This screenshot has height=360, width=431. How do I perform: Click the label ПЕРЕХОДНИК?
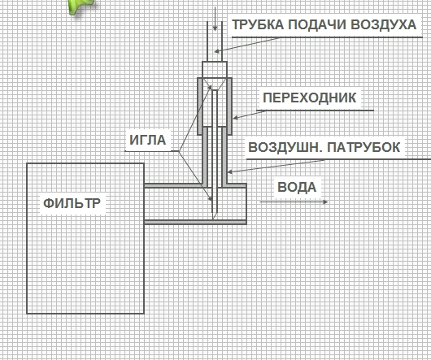(x=310, y=98)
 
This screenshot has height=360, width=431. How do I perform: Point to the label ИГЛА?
(x=148, y=140)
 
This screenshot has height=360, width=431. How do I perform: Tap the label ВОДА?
(x=297, y=187)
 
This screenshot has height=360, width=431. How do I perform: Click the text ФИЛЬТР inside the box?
(x=72, y=203)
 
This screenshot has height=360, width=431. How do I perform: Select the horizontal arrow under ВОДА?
(x=294, y=202)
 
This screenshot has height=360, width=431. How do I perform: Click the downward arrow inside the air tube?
(x=215, y=19)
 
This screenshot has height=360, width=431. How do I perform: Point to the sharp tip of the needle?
(x=213, y=219)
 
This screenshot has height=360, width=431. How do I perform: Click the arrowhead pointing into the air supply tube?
(x=217, y=51)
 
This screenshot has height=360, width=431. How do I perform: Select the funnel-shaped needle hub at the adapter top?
(x=215, y=84)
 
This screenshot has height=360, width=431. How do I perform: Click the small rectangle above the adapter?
(x=215, y=70)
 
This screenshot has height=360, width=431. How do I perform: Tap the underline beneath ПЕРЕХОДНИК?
(x=315, y=111)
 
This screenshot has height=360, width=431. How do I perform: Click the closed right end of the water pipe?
(x=246, y=204)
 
